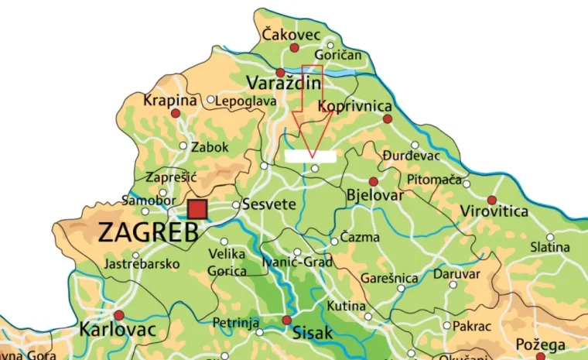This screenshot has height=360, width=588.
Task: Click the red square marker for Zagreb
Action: [197, 209]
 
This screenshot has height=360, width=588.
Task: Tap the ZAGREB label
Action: [149, 233]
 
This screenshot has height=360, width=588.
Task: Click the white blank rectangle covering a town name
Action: [310, 156]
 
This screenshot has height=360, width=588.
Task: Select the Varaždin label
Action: [278, 83]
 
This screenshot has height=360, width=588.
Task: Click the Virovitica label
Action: [494, 211]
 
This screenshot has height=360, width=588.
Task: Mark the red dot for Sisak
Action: [287, 320]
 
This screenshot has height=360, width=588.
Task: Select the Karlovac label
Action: [118, 331]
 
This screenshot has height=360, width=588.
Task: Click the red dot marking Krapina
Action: [176, 113]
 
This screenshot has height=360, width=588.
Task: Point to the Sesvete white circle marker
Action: [236, 205]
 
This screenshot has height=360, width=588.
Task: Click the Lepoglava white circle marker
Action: [211, 100]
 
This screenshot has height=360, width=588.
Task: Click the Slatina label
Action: [550, 247]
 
